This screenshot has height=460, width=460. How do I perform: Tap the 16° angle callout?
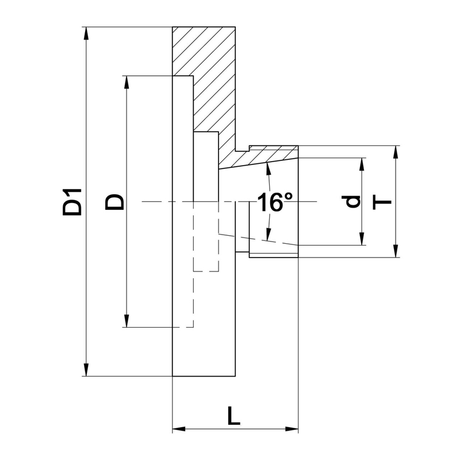[275, 202]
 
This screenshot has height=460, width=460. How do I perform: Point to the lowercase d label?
[354, 201]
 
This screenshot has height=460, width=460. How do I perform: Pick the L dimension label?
[233, 416]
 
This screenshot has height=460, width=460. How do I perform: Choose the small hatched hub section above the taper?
[270, 154]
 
